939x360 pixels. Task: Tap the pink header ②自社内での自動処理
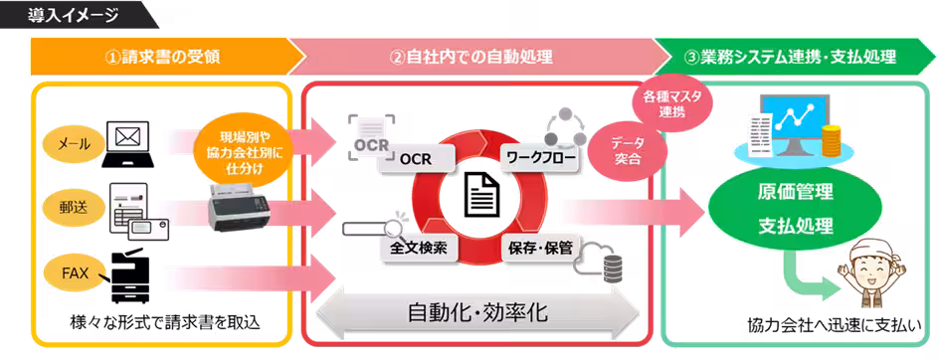tap(471, 57)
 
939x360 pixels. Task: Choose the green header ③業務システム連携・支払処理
tap(790, 57)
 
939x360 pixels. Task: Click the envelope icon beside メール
tap(126, 136)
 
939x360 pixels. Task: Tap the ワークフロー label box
tap(538, 158)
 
